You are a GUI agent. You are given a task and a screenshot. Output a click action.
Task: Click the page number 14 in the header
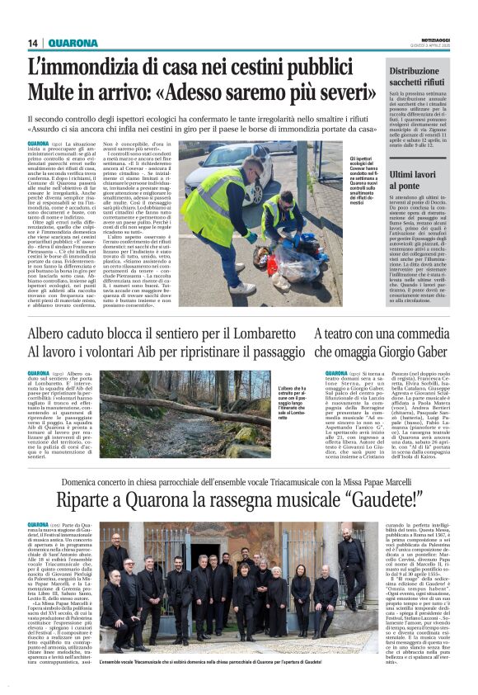coord(33,42)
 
